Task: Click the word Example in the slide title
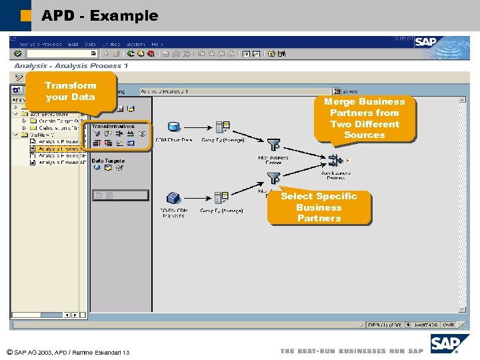[123, 15]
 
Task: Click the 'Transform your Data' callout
[71, 91]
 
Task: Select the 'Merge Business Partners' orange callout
[364, 118]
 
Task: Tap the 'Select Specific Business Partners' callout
[319, 207]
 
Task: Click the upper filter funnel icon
[273, 144]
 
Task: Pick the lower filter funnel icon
[273, 178]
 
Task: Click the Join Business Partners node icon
[335, 161]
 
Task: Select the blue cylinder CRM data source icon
[174, 127]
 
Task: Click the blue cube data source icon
[174, 197]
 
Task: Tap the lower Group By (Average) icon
[223, 197]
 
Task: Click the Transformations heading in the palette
[113, 125]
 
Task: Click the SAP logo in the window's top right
[427, 42]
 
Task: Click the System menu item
[135, 44]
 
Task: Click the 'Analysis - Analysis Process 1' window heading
[71, 65]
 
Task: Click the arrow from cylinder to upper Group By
[198, 127]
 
